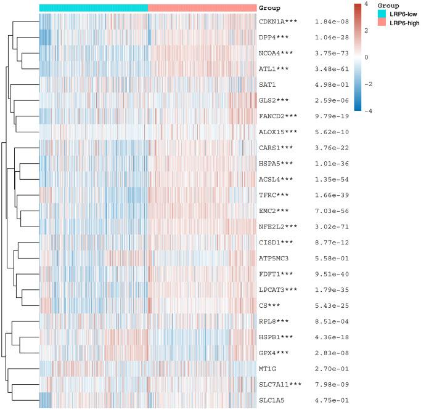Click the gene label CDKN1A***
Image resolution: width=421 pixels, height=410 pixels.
[x=279, y=22]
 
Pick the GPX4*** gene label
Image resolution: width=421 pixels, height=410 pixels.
[x=275, y=353]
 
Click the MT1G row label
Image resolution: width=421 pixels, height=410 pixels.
[x=268, y=369]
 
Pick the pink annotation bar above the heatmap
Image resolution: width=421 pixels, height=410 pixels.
[x=202, y=7]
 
